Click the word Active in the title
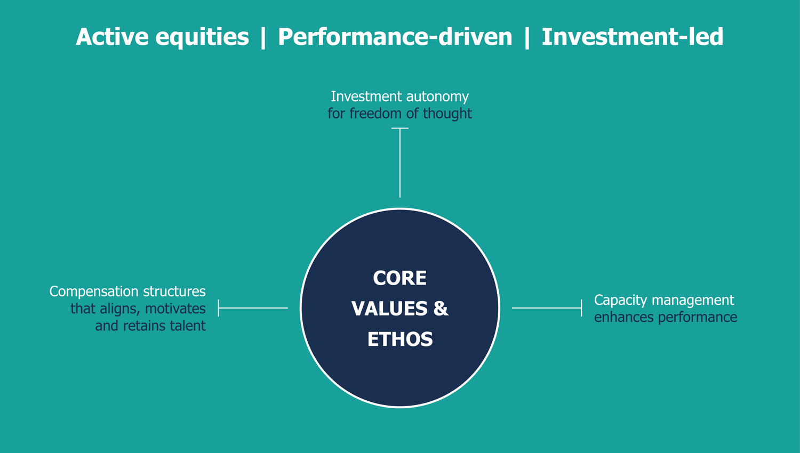(x=112, y=36)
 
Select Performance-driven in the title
(x=395, y=36)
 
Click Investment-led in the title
(x=633, y=36)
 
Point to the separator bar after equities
(x=263, y=37)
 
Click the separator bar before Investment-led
(x=527, y=37)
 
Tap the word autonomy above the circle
(x=437, y=97)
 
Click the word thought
(x=447, y=114)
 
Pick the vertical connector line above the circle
(x=400, y=163)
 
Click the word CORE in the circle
(x=399, y=278)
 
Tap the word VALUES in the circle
(x=389, y=309)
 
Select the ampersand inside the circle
(x=441, y=309)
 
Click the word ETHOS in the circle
(x=400, y=339)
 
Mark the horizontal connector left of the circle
(x=253, y=308)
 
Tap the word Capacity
(x=620, y=301)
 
